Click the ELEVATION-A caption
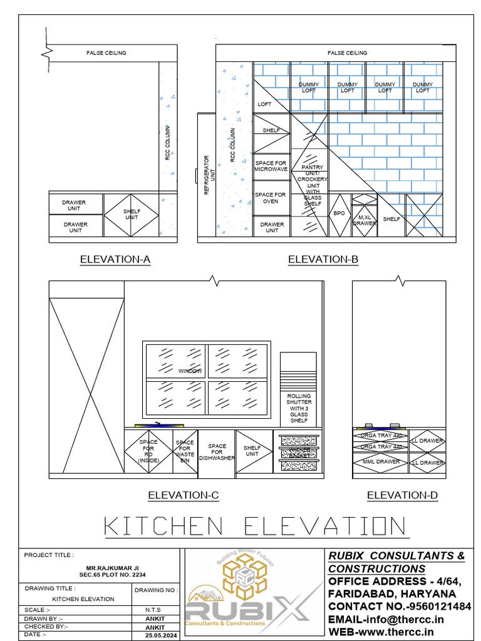pos(115,259)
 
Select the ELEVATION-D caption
pos(402,495)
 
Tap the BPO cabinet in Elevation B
pos(339,214)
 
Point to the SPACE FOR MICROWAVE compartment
pos(271,166)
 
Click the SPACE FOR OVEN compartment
pos(271,198)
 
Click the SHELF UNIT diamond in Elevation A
pos(132,215)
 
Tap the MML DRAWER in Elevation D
pos(380,462)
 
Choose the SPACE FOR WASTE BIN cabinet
pos(185,451)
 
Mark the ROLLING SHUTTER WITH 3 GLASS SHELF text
pos(299,408)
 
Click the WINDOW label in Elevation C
pos(190,371)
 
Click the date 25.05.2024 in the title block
pos(157,635)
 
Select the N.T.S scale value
pos(157,610)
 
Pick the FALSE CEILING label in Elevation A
pos(106,53)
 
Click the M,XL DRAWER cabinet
pos(365,219)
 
